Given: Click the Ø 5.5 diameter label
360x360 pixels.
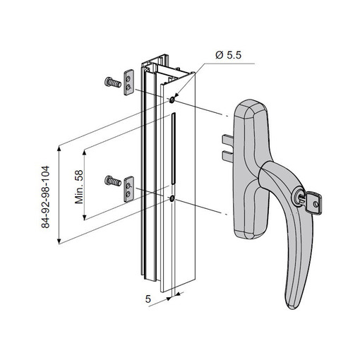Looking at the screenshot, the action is pos(228,55).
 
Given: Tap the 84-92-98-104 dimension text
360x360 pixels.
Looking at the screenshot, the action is pos(46,197).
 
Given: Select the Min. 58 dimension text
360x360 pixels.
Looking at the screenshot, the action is pos(79,187).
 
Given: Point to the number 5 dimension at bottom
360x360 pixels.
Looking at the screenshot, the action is pos(148,299).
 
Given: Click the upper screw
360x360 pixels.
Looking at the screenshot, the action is pos(112,83).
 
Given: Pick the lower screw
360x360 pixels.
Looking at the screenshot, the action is pos(113,181).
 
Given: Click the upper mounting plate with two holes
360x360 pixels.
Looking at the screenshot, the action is pos(129,83).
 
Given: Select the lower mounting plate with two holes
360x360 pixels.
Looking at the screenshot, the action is pos(129,189).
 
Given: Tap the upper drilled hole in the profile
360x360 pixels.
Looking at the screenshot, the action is pos(172,100).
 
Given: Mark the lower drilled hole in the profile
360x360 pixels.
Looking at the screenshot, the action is pos(172,199).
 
